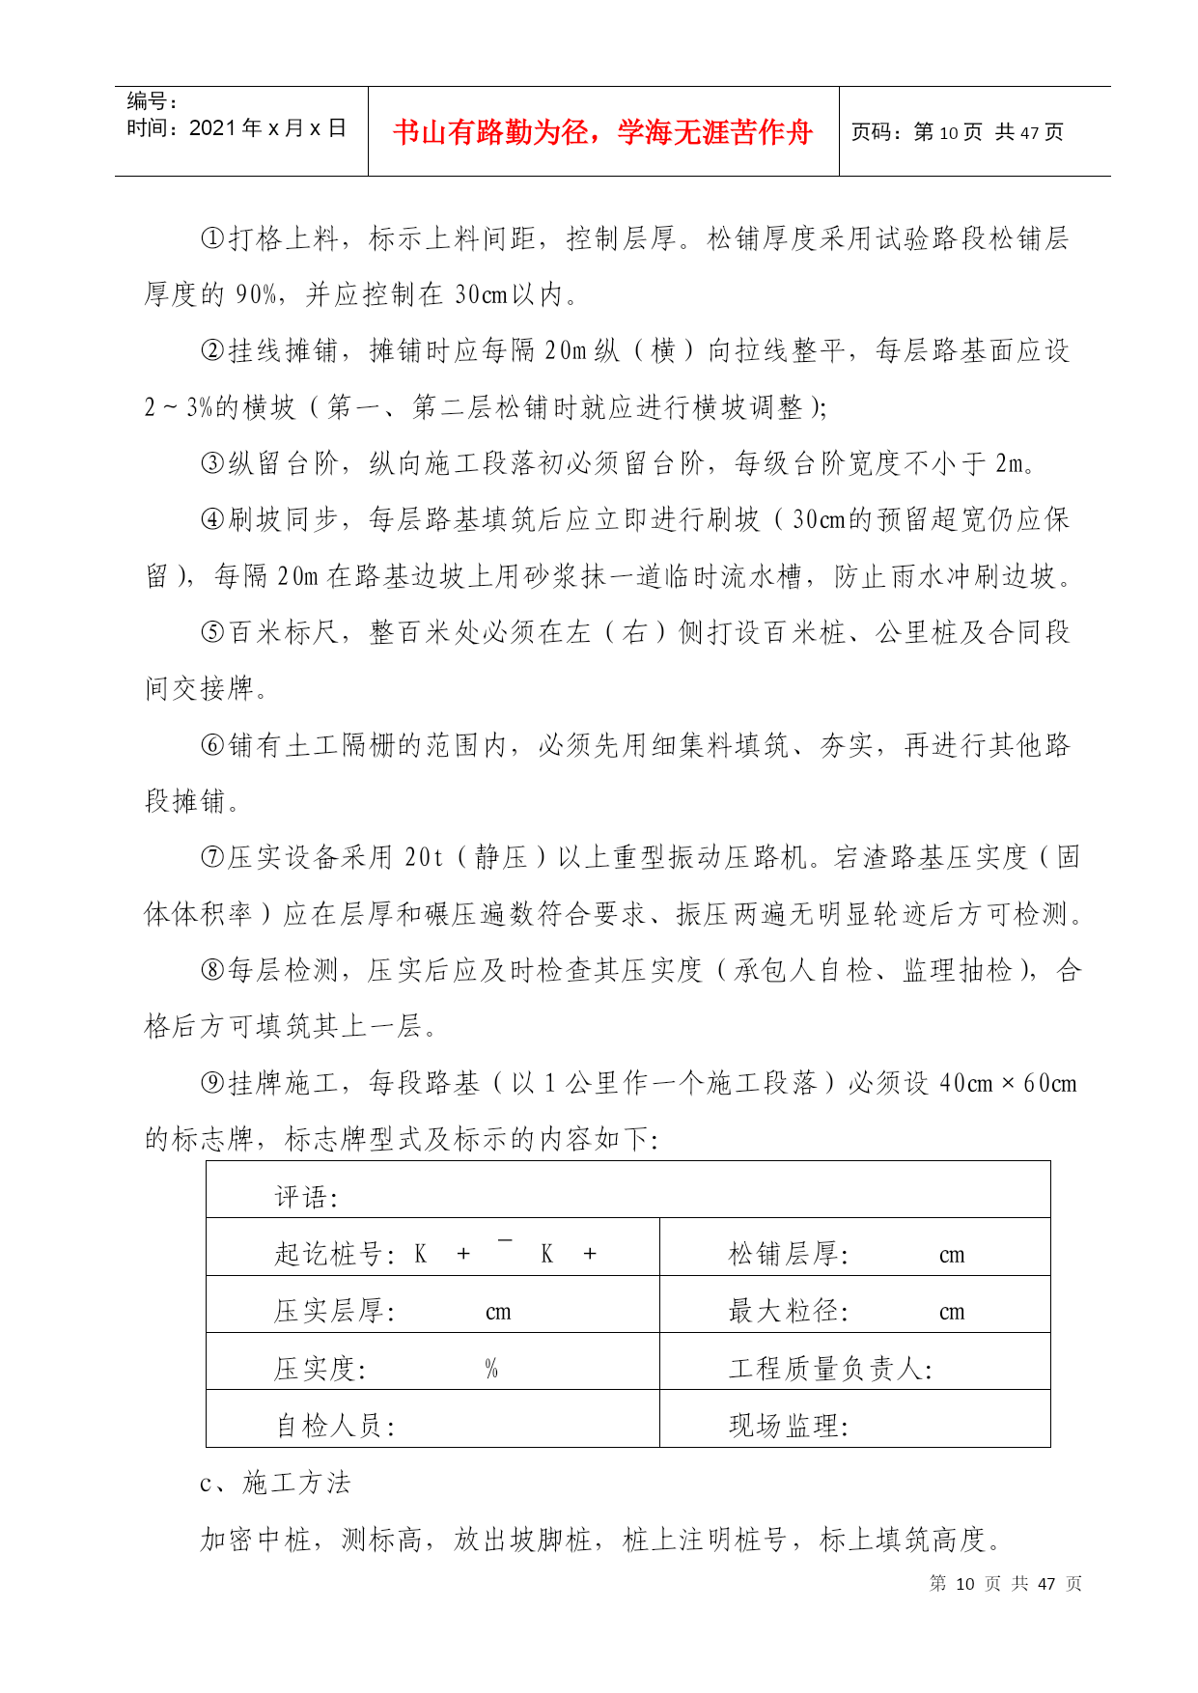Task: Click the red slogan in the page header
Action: [602, 131]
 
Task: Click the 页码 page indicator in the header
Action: [957, 132]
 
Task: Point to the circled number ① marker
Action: [212, 238]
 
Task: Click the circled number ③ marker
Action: [212, 463]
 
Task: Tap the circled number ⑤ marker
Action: [212, 632]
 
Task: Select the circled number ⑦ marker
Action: [212, 857]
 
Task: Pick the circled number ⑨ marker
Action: [212, 1083]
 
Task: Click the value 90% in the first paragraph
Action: [257, 294]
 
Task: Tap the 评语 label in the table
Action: [306, 1198]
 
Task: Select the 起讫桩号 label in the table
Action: [334, 1254]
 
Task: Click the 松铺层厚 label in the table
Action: [788, 1254]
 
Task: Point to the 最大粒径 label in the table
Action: [788, 1311]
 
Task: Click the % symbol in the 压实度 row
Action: [491, 1369]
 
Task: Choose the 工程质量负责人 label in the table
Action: [830, 1369]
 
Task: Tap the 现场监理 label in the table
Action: [788, 1426]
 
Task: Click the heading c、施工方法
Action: [275, 1483]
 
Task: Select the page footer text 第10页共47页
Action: [1005, 1583]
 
